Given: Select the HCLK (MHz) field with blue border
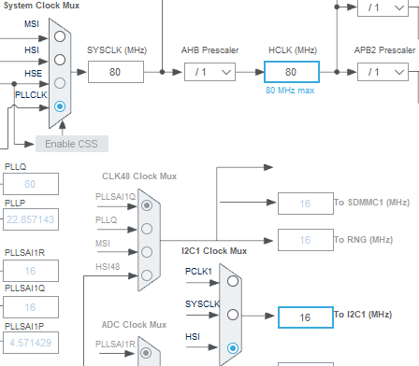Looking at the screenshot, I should (291, 72).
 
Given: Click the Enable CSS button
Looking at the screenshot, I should (71, 144).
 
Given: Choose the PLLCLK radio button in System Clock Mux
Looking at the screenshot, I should (61, 106).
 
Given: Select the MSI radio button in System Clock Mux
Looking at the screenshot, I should (61, 35).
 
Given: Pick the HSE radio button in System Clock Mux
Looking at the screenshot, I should (61, 82).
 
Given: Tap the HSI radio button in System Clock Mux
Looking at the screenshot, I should (61, 59).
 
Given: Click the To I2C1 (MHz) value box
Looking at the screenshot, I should (304, 317).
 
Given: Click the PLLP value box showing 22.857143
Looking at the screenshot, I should (30, 219).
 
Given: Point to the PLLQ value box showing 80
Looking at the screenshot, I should (30, 184).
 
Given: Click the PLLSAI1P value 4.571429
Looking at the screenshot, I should (30, 342).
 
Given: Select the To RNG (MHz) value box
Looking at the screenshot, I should (304, 241).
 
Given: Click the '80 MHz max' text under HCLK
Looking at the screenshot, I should (291, 91).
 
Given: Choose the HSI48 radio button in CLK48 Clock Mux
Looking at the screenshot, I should (146, 274).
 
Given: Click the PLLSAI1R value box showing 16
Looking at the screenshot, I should (30, 272).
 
